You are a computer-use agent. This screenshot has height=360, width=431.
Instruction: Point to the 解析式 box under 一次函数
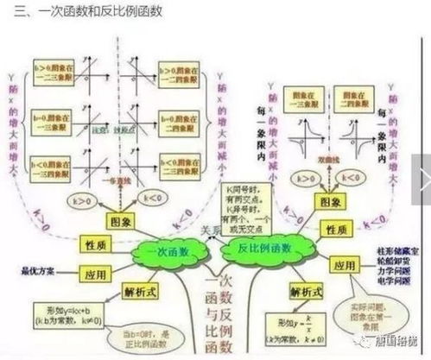139,290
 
